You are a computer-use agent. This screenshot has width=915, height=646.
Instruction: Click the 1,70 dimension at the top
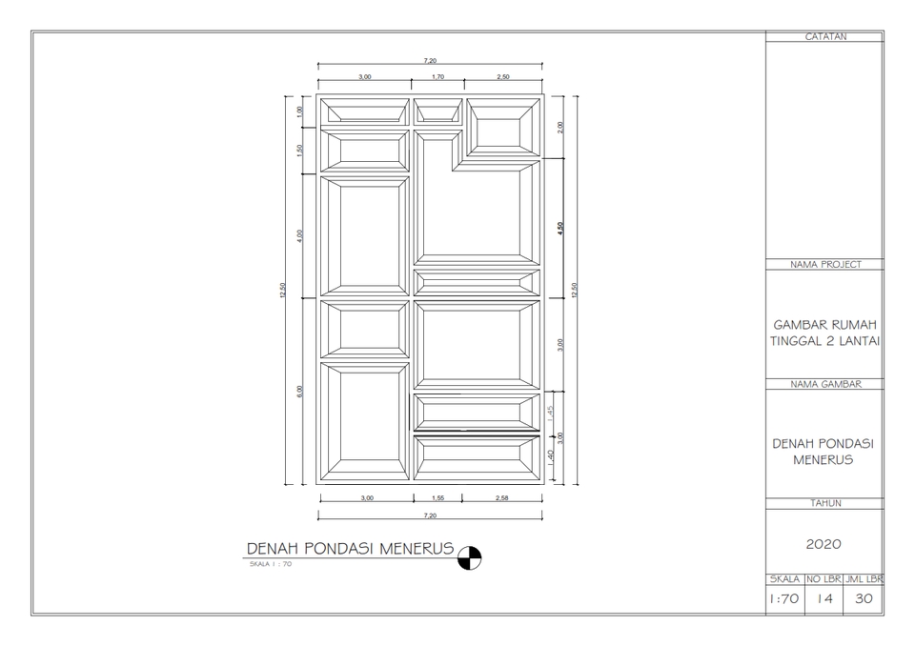pos(437,76)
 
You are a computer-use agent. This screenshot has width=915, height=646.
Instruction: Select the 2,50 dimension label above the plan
pos(502,76)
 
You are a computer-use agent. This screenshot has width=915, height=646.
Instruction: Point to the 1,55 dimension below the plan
pos(437,498)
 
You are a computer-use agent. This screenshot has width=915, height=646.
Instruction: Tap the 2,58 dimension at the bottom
pos(502,498)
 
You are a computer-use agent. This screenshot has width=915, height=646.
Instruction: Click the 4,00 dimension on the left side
pos(300,235)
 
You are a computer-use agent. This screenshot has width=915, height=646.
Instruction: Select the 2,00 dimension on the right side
pos(560,128)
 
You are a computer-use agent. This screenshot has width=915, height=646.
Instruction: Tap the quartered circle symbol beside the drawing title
pos(470,557)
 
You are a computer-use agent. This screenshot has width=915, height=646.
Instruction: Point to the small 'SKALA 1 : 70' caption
pos(270,565)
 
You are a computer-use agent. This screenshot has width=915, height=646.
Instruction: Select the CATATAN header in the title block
pos(824,37)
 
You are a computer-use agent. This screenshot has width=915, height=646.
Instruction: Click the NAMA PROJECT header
pos(824,265)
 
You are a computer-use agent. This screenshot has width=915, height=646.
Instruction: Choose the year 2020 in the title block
pos(823,544)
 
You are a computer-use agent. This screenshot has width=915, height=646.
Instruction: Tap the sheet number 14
pos(824,600)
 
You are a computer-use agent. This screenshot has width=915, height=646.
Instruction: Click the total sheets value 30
pos(864,600)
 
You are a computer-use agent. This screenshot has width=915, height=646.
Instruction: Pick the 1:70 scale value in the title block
pos(784,600)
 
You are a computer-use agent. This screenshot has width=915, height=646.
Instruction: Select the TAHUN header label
pos(824,502)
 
